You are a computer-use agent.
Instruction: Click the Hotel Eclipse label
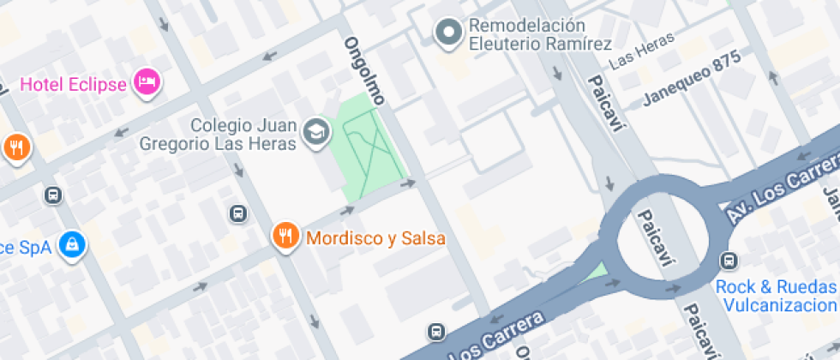[x=73, y=84]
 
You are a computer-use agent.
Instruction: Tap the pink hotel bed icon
[x=148, y=82]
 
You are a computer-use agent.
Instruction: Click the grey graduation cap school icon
[x=316, y=132]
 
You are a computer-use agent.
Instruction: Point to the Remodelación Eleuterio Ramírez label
[x=539, y=35]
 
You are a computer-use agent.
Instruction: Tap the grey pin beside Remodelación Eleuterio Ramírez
[x=447, y=33]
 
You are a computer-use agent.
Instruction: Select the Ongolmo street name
[x=364, y=71]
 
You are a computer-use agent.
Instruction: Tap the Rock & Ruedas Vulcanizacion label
[x=776, y=296]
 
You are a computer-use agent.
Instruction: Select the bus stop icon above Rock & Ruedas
[x=729, y=260]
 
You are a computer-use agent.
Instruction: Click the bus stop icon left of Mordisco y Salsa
[x=237, y=213]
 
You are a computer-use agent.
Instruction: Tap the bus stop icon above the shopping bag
[x=53, y=195]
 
